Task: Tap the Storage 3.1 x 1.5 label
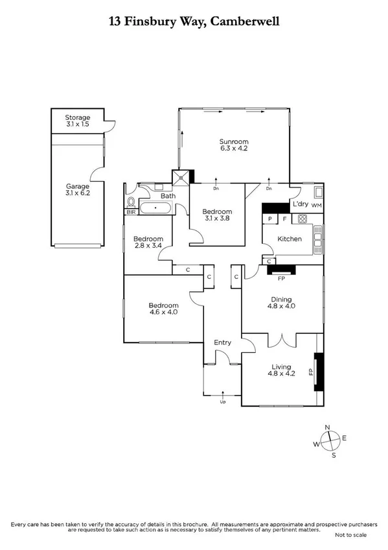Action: click(x=78, y=121)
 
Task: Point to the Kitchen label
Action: click(x=290, y=239)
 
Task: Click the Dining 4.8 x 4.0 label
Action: click(x=282, y=303)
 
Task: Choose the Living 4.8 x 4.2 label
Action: click(x=282, y=369)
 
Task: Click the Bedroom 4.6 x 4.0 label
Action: click(x=163, y=309)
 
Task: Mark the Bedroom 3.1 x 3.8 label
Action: click(x=217, y=215)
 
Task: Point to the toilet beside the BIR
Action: click(x=131, y=201)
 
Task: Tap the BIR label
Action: click(x=131, y=212)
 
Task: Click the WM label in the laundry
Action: click(x=316, y=206)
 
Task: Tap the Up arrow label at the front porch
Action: click(x=223, y=401)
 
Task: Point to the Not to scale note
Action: click(x=350, y=535)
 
